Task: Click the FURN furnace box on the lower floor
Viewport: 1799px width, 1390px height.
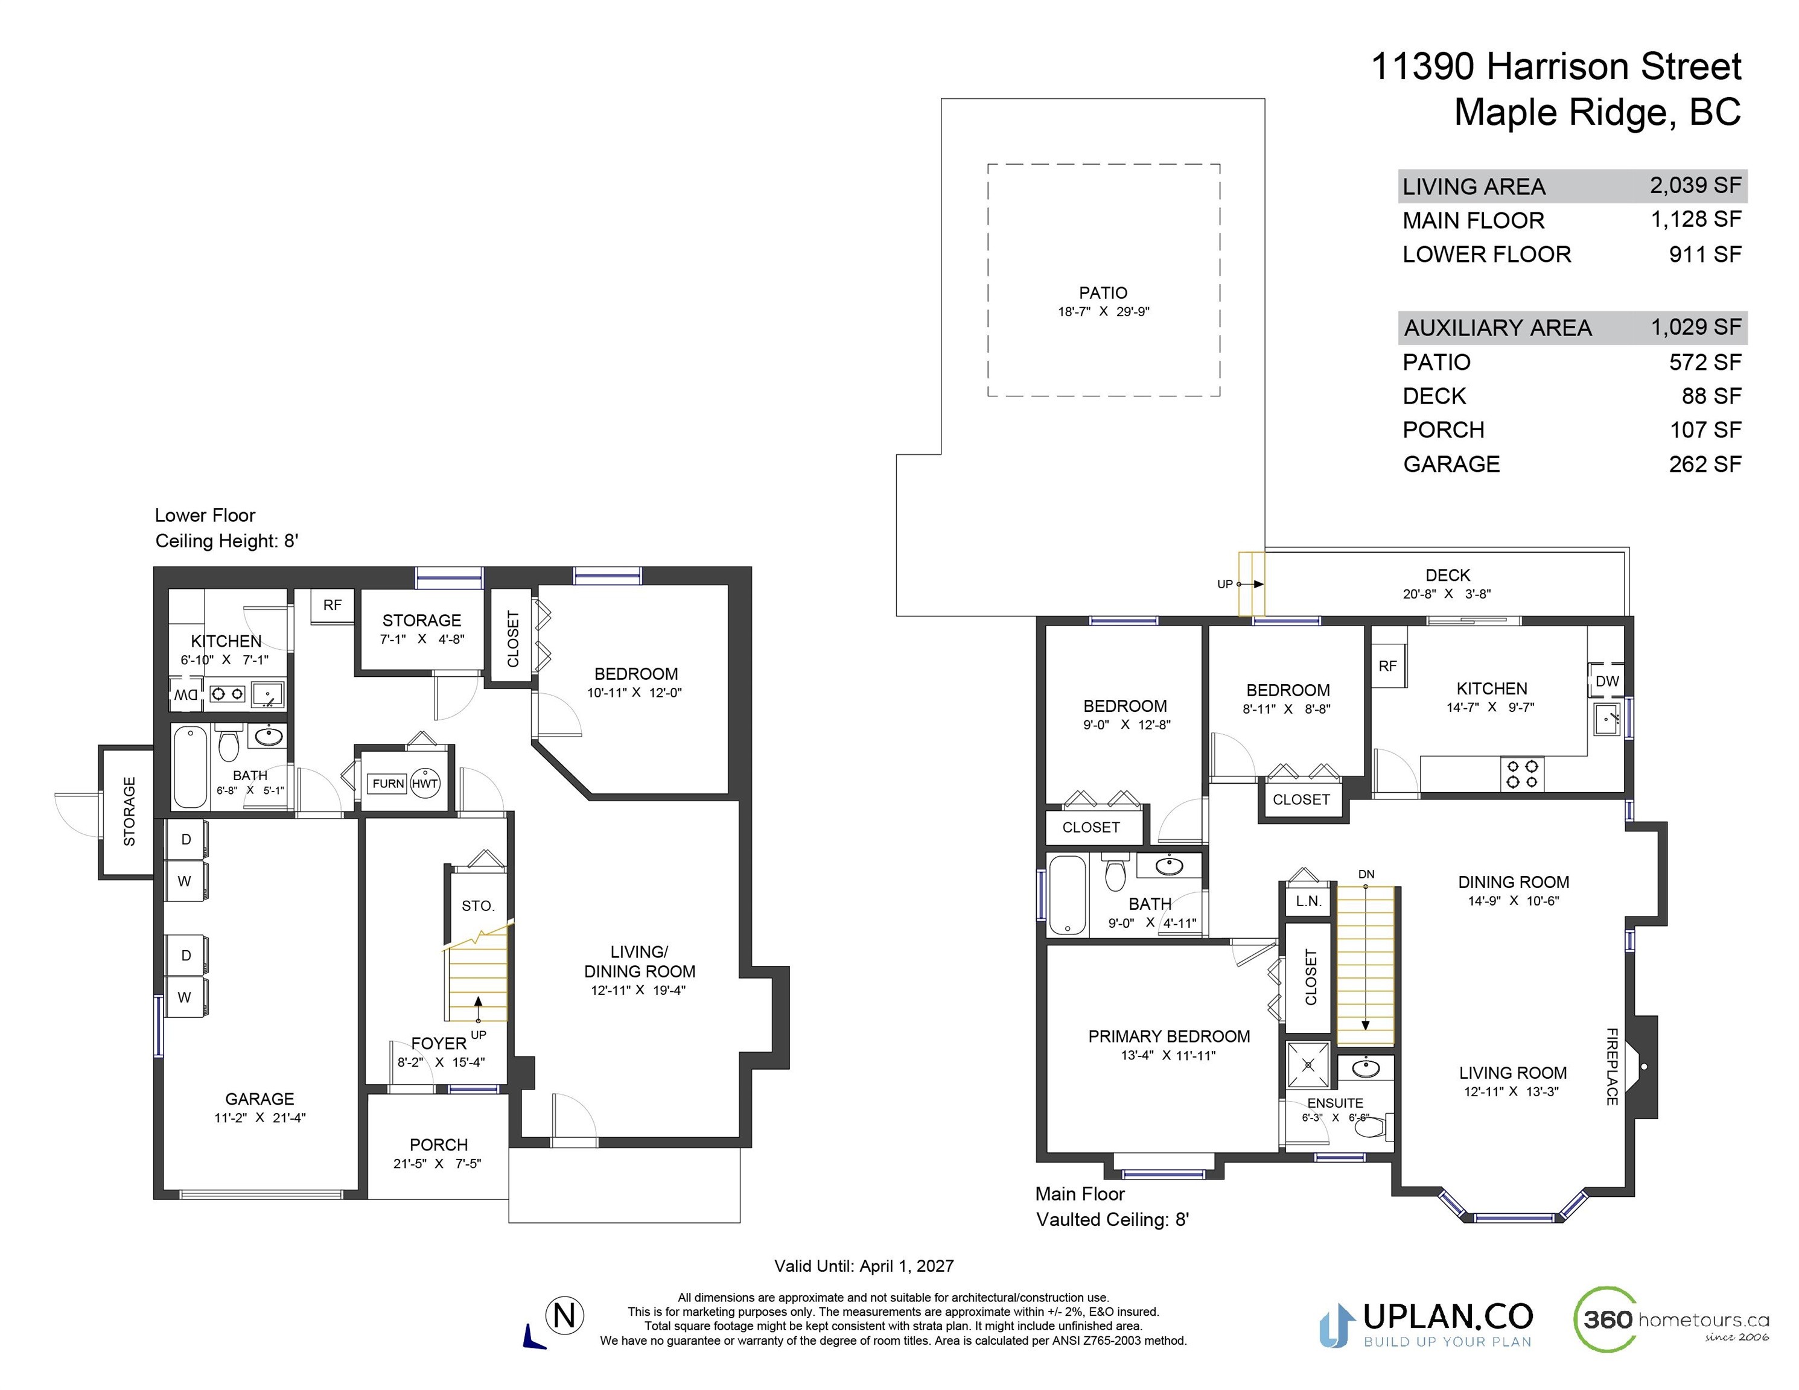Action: pyautogui.click(x=387, y=783)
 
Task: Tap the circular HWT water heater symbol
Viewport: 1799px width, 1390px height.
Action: pyautogui.click(x=425, y=783)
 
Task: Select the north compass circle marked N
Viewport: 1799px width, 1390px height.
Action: pyautogui.click(x=565, y=1315)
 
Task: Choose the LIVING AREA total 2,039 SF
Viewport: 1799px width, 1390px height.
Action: pyautogui.click(x=1695, y=185)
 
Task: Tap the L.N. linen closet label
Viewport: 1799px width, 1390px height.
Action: pyautogui.click(x=1308, y=901)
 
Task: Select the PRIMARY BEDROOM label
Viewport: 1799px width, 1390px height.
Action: pyautogui.click(x=1169, y=1036)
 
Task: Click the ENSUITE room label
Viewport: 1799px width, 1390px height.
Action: pyautogui.click(x=1336, y=1103)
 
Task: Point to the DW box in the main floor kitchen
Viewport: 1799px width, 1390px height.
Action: pyautogui.click(x=1607, y=681)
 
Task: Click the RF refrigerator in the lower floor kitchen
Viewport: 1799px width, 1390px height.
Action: pyautogui.click(x=332, y=605)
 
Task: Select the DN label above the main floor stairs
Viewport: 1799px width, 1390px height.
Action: pyautogui.click(x=1366, y=874)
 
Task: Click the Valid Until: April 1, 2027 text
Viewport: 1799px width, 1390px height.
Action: pyautogui.click(x=864, y=1266)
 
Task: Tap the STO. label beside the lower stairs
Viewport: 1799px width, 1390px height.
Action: pyautogui.click(x=478, y=906)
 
